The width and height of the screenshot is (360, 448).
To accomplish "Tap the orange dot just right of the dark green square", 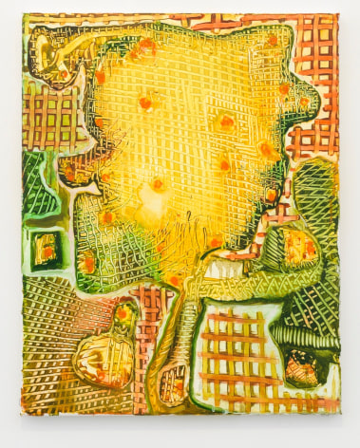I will (87, 261).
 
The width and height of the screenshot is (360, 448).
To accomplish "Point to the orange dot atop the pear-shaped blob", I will (123, 312).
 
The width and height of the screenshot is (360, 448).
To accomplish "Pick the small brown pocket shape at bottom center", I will (174, 383).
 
